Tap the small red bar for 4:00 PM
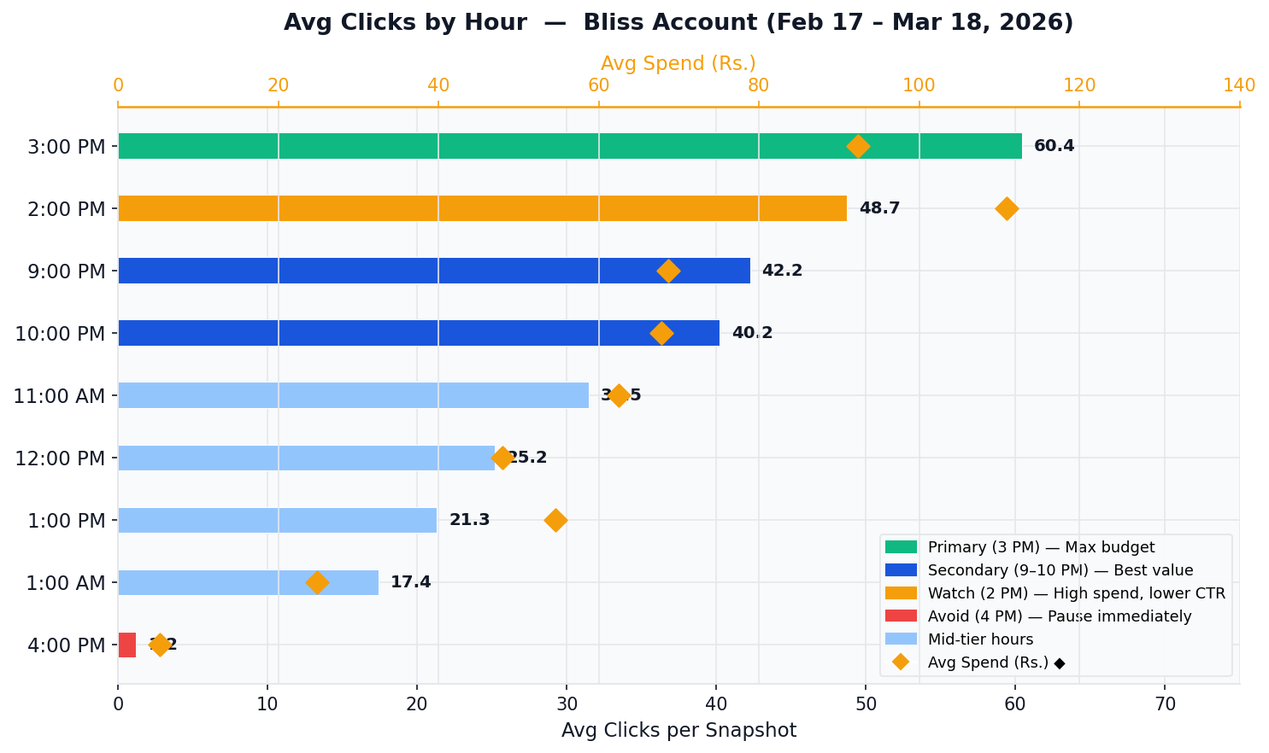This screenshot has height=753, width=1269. tap(126, 645)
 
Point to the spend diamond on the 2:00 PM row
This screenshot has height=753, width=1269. tap(1007, 208)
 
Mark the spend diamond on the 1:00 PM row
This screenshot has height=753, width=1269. tap(555, 520)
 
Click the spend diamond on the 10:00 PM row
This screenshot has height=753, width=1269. tap(661, 333)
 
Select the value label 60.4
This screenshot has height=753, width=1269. tap(1054, 146)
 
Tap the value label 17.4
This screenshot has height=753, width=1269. tap(410, 582)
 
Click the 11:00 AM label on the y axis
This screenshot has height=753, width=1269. tap(59, 396)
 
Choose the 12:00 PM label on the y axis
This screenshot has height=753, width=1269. tap(60, 458)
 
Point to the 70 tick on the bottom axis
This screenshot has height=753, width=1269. tap(1165, 704)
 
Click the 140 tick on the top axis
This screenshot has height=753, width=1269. tap(1239, 85)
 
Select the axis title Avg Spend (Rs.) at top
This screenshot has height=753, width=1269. tap(678, 64)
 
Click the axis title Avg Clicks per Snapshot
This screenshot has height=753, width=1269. tap(679, 731)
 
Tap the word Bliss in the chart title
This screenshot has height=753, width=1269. tap(613, 23)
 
